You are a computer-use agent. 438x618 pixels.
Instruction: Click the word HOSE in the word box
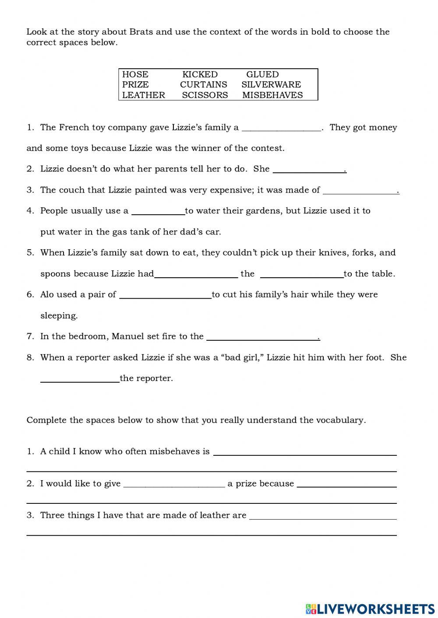(x=135, y=74)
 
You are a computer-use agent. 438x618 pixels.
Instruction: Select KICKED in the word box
(x=200, y=74)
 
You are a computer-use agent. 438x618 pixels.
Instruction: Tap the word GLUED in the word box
(x=262, y=74)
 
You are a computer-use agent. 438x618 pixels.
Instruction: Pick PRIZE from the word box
(x=135, y=84)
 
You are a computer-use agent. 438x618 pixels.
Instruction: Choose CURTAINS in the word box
(x=204, y=84)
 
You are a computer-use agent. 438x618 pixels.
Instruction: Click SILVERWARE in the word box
(x=271, y=84)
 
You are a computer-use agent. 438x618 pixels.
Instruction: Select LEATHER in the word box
(x=144, y=95)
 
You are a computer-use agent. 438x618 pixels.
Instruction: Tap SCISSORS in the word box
(x=205, y=95)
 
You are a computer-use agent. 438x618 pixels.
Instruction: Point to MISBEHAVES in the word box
(x=272, y=95)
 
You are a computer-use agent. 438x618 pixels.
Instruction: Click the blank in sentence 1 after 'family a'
(x=281, y=128)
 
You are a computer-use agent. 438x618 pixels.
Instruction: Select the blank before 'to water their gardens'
(x=158, y=211)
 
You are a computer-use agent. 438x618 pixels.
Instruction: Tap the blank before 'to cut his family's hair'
(x=165, y=295)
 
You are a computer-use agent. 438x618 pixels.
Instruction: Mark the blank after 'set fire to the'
(x=262, y=337)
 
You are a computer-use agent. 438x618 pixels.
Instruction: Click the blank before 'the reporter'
(x=80, y=379)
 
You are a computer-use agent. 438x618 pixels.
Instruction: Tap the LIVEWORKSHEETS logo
(x=370, y=608)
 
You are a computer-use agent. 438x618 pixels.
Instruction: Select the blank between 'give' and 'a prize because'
(x=174, y=484)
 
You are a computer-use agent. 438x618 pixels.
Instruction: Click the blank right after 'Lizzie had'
(x=196, y=274)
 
